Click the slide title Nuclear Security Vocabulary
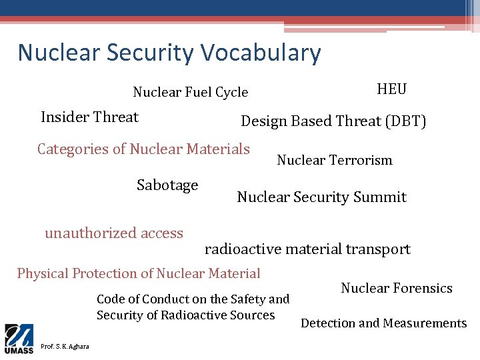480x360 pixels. click(x=169, y=53)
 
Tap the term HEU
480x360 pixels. click(x=391, y=89)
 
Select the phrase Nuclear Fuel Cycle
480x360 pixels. click(x=190, y=93)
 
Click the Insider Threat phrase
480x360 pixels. click(x=89, y=117)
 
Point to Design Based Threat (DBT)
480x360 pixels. click(x=333, y=121)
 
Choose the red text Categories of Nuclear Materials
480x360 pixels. click(x=143, y=149)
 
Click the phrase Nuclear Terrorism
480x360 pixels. click(x=334, y=160)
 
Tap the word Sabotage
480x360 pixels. click(x=167, y=185)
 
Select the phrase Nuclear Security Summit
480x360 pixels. click(x=321, y=197)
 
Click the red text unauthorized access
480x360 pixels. click(x=114, y=233)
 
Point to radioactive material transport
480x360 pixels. click(x=307, y=249)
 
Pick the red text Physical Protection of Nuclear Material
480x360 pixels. click(x=139, y=273)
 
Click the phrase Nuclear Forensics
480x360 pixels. click(x=396, y=289)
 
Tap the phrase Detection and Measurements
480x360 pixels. click(x=383, y=323)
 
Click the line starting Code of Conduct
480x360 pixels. click(x=193, y=299)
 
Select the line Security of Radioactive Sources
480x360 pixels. click(x=185, y=315)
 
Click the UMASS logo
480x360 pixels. click(x=19, y=339)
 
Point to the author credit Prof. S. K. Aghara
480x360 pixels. click(x=65, y=346)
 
